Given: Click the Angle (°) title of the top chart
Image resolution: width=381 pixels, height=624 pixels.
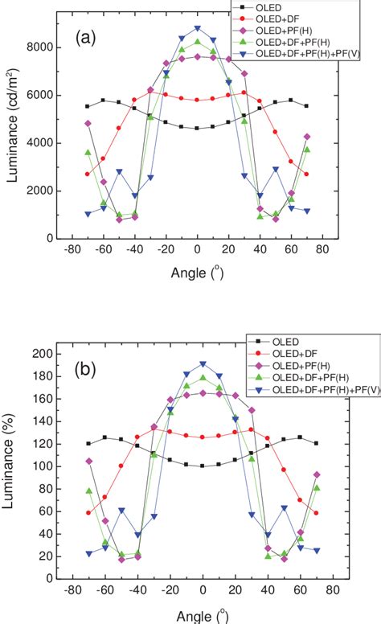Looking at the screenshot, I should click(197, 274).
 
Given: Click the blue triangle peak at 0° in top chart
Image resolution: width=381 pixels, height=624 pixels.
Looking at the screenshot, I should click(198, 28).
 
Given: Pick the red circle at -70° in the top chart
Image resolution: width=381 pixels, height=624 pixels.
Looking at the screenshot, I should click(88, 174).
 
